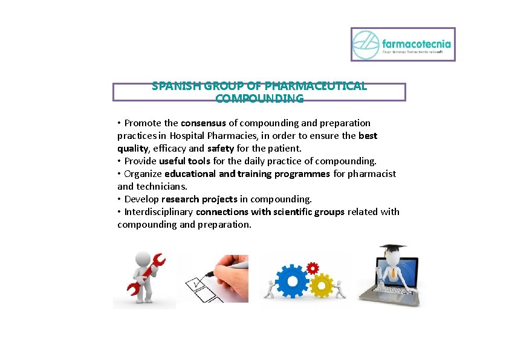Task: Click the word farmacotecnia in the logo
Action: pos(417,43)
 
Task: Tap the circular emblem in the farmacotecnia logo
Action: pos(366,45)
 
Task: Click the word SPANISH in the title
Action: pos(175,86)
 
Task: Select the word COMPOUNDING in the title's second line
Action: pos(259,98)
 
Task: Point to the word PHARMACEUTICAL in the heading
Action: pos(320,86)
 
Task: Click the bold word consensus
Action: pos(203,123)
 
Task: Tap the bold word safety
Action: pos(221,148)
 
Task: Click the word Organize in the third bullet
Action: pos(143,173)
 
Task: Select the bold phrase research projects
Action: pos(199,199)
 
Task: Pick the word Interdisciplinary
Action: pos(159,211)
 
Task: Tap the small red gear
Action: pos(313,268)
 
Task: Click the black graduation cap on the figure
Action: pos(392,249)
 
